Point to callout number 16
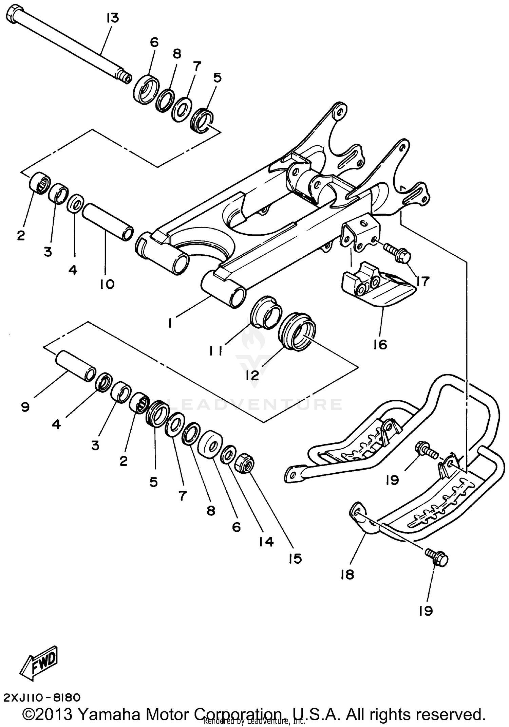click(x=380, y=345)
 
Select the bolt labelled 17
click(x=397, y=254)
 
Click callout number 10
click(x=107, y=284)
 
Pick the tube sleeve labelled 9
click(x=75, y=367)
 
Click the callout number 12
click(x=252, y=375)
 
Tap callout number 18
click(x=347, y=575)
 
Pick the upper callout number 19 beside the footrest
click(x=392, y=480)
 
